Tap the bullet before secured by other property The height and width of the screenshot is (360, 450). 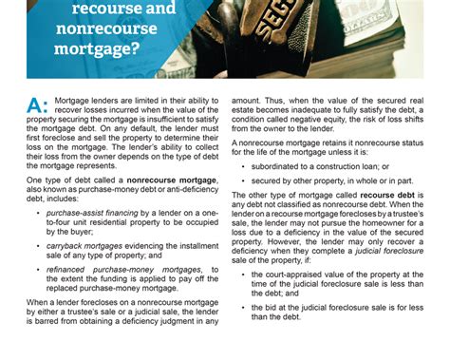[246, 180]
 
